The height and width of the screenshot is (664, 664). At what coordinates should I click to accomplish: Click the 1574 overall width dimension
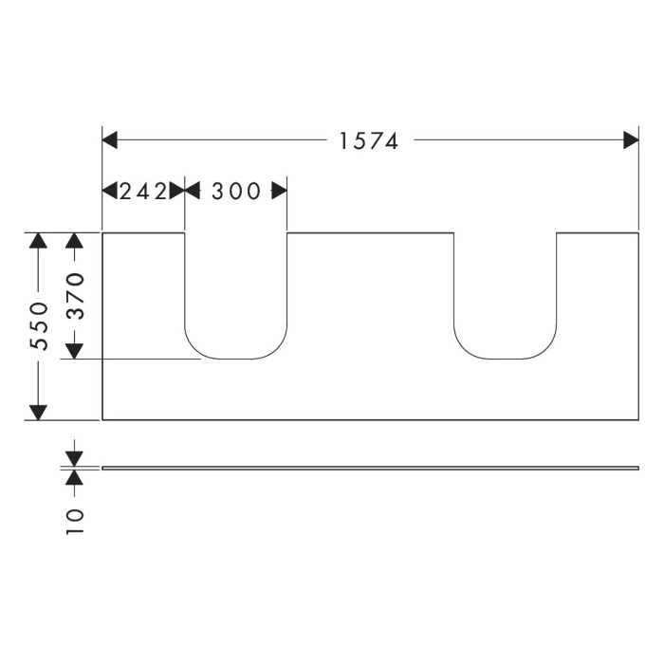pyautogui.click(x=369, y=141)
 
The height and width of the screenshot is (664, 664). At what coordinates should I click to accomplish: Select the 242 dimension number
pyautogui.click(x=142, y=191)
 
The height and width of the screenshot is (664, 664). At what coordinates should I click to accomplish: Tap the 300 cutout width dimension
pyautogui.click(x=235, y=191)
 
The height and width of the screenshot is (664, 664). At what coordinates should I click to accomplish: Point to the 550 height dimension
pyautogui.click(x=38, y=325)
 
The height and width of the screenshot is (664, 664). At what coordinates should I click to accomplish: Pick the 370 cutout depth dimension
pyautogui.click(x=75, y=295)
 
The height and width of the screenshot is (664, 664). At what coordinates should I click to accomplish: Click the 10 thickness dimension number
pyautogui.click(x=75, y=520)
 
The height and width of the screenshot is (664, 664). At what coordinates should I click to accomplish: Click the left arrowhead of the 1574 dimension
pyautogui.click(x=109, y=141)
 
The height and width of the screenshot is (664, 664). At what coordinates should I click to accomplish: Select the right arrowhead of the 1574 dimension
pyautogui.click(x=631, y=141)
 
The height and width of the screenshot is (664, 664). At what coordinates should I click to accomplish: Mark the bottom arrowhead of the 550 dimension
pyautogui.click(x=38, y=412)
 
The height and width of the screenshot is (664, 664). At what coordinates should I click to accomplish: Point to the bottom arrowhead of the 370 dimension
pyautogui.click(x=75, y=351)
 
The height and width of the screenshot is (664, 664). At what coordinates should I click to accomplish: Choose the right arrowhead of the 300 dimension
pyautogui.click(x=279, y=191)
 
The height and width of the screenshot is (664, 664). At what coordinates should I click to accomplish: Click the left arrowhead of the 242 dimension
pyautogui.click(x=109, y=191)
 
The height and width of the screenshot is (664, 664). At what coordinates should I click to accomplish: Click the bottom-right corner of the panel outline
pyautogui.click(x=638, y=419)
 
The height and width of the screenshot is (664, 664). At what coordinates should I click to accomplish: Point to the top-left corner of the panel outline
pyautogui.click(x=102, y=232)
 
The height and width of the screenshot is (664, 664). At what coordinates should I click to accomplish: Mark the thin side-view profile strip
pyautogui.click(x=370, y=468)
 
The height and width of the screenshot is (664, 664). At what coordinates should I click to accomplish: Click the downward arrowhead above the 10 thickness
pyautogui.click(x=75, y=458)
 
